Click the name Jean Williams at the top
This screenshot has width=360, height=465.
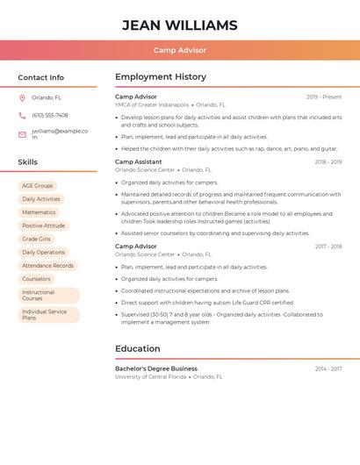(180, 25)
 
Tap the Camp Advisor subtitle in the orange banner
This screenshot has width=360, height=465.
(180, 51)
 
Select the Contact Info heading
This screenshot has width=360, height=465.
(41, 77)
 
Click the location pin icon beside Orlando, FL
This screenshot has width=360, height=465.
(22, 98)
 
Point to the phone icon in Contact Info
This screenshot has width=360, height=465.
(22, 116)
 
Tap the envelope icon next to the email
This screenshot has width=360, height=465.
(22, 134)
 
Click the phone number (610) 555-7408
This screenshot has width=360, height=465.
(50, 116)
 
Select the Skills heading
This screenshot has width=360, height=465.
(28, 162)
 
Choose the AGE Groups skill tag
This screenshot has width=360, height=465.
(38, 186)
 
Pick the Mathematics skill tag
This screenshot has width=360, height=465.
(39, 212)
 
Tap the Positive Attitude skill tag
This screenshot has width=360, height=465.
(43, 225)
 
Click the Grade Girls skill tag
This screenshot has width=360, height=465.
(36, 239)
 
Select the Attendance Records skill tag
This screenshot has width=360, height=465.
(47, 265)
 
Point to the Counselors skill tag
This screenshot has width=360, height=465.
(36, 279)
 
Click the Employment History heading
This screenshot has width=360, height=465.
(161, 77)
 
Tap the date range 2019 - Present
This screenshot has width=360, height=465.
(324, 97)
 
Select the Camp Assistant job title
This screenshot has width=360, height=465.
(138, 162)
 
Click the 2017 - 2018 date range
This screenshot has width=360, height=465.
(328, 247)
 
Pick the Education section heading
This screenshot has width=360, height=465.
(138, 348)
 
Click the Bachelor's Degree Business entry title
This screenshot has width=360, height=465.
(156, 368)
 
